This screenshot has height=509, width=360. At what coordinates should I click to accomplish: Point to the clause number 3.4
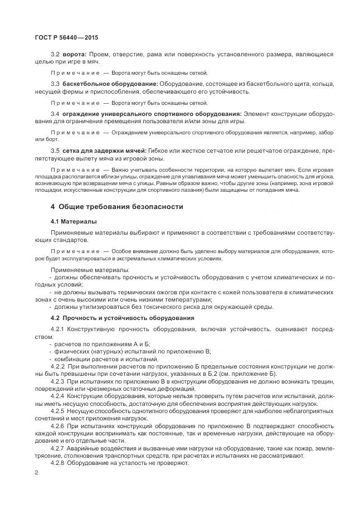pos(55,114)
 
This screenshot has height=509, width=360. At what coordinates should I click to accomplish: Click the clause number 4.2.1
pos(57,329)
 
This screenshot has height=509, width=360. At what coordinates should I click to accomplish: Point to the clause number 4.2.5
pos(57,410)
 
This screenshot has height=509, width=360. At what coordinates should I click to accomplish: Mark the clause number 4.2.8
pos(57,462)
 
